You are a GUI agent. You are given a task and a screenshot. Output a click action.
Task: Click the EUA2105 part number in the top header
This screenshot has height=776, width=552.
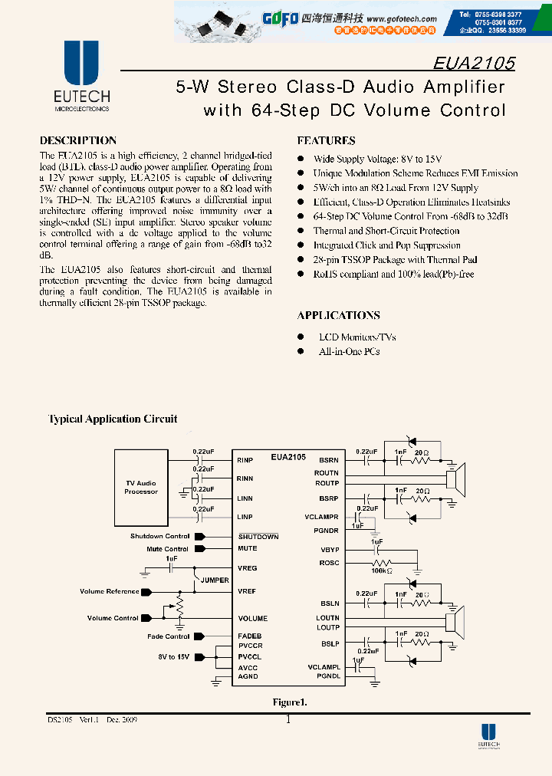pyautogui.click(x=474, y=63)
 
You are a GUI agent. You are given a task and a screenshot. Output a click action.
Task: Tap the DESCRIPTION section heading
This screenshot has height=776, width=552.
pyautogui.click(x=77, y=140)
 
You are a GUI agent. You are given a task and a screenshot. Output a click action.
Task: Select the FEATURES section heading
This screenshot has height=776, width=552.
pyautogui.click(x=326, y=140)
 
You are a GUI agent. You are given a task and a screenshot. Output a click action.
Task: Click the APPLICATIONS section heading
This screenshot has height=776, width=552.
pyautogui.click(x=338, y=315)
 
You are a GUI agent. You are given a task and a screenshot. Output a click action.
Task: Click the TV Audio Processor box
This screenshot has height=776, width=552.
pyautogui.click(x=141, y=488)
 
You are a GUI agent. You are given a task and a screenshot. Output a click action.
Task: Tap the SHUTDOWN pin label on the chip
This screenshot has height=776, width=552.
pyautogui.click(x=258, y=537)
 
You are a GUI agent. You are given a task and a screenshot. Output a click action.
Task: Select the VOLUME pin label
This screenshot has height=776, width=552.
pyautogui.click(x=252, y=618)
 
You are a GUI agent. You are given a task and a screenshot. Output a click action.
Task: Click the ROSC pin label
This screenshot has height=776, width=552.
pyautogui.click(x=329, y=563)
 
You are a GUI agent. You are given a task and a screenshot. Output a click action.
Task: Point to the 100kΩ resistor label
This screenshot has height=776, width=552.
pyautogui.click(x=381, y=571)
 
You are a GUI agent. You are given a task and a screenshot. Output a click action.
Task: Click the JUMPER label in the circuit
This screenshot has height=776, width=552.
pyautogui.click(x=215, y=580)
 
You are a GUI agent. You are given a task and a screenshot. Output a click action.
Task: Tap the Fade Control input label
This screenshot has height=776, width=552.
pyautogui.click(x=169, y=636)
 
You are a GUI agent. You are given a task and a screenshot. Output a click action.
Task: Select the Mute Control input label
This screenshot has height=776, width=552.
pyautogui.click(x=167, y=549)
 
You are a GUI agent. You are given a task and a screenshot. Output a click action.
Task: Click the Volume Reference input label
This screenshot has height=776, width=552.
pyautogui.click(x=110, y=591)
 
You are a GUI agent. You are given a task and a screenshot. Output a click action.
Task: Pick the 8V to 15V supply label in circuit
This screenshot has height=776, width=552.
pyautogui.click(x=174, y=657)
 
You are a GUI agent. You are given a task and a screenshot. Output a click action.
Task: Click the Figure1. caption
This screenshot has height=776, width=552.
pyautogui.click(x=290, y=702)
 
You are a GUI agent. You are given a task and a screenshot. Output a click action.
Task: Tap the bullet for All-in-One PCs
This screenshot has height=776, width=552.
pyautogui.click(x=301, y=351)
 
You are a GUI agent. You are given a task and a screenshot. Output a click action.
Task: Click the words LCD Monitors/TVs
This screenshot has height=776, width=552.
pyautogui.click(x=356, y=337)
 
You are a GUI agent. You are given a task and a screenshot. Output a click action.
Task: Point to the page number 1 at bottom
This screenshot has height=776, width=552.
pyautogui.click(x=288, y=720)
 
